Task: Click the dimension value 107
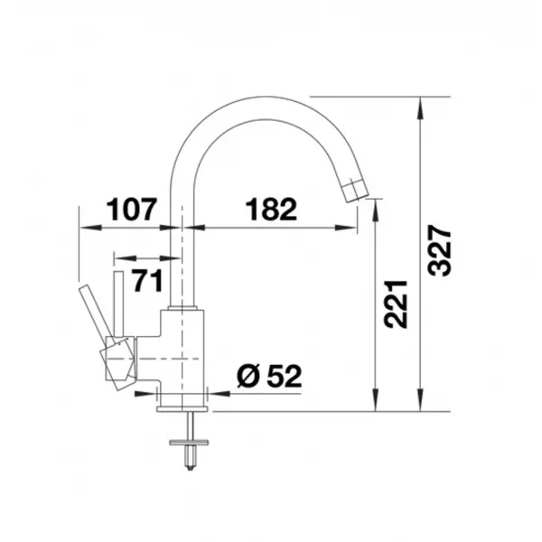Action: pos(132,210)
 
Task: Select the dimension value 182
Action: pos(271,210)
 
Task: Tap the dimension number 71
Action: pos(148,281)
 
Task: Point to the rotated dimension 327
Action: pos(439,250)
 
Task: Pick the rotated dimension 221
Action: pos(396,304)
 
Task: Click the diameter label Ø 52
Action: pos(269,376)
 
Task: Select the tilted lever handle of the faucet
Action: pos(96,312)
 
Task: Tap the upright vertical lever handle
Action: pos(118,304)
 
